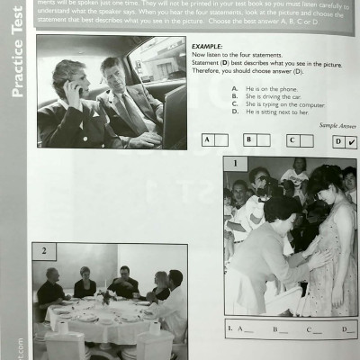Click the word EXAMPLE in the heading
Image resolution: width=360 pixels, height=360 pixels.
(208, 44)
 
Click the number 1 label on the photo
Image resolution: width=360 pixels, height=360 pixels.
(234, 164)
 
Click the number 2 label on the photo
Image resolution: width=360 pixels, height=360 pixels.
(41, 250)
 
